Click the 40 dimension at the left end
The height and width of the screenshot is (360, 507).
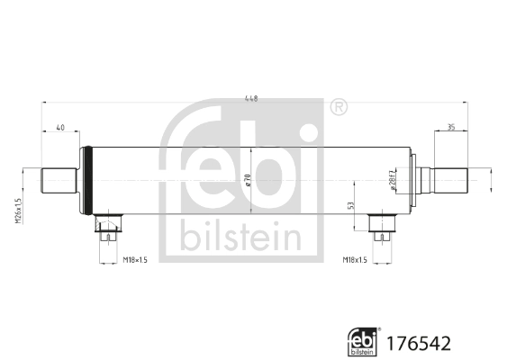coord(59,128)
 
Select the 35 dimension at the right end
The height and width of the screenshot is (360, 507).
coord(450,128)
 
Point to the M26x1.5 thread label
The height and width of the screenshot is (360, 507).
coord(18,212)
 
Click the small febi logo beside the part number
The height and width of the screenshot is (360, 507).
coord(360,341)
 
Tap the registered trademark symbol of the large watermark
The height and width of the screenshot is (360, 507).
coord(337,108)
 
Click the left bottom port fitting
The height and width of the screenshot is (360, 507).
coord(109,226)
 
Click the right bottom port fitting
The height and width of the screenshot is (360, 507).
coord(385,226)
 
